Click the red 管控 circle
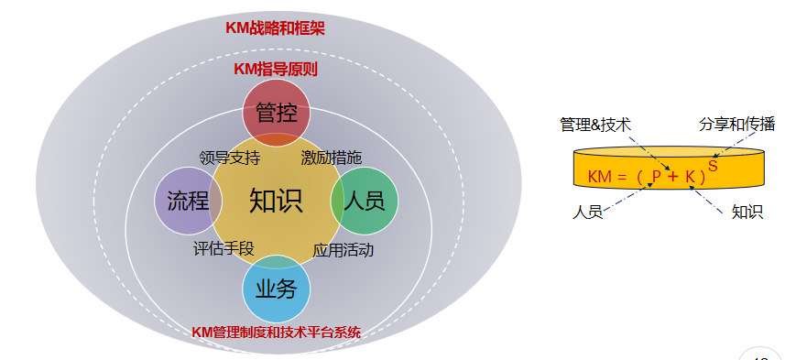pos(276,113)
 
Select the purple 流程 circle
pos(181,200)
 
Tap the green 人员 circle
pos(364,201)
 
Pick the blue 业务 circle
pos(276,289)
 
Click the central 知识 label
pos(276,201)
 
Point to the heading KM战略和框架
pos(275,27)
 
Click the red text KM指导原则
pos(276,69)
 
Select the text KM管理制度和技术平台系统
pos(276,332)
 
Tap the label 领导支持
pos(229,158)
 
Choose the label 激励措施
pos(331,158)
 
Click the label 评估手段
pos(224,247)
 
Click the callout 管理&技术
pos(595,125)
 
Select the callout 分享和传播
pos(730,124)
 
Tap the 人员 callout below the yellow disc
pos(587,213)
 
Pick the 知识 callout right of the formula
pos(747,213)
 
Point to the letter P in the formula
pos(656,177)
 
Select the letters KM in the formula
pos(599,177)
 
